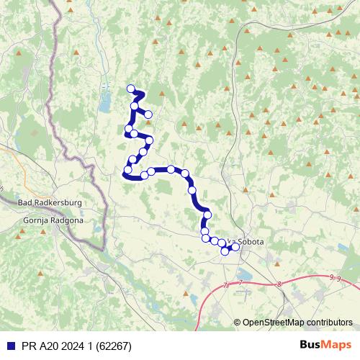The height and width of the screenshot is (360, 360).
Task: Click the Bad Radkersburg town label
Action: [x=48, y=203]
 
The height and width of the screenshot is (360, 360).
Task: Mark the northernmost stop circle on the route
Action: [x=131, y=89]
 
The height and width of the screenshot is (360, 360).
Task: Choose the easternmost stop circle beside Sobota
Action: [x=235, y=247]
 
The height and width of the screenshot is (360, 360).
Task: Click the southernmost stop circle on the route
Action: [x=225, y=251]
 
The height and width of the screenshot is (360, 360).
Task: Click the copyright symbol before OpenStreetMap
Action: [x=238, y=322]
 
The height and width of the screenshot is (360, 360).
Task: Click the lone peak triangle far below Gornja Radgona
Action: [x=42, y=274]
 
